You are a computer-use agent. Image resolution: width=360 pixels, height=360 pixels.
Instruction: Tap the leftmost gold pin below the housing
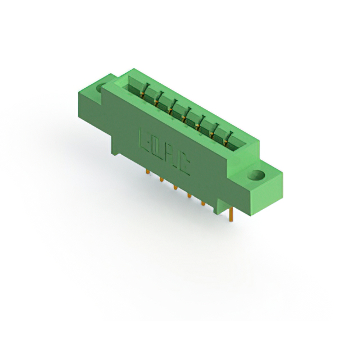pyautogui.click(x=148, y=172)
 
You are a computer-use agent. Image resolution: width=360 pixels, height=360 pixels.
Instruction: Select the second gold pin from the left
pyautogui.click(x=161, y=179)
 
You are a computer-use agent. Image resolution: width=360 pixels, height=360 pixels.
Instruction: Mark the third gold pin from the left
pyautogui.click(x=175, y=187)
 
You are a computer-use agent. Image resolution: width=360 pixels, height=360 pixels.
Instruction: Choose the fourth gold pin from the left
pyautogui.click(x=189, y=195)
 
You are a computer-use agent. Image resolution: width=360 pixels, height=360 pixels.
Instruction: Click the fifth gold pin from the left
pyautogui.click(x=203, y=204)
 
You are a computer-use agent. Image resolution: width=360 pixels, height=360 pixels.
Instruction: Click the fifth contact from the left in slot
pyautogui.click(x=199, y=123)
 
